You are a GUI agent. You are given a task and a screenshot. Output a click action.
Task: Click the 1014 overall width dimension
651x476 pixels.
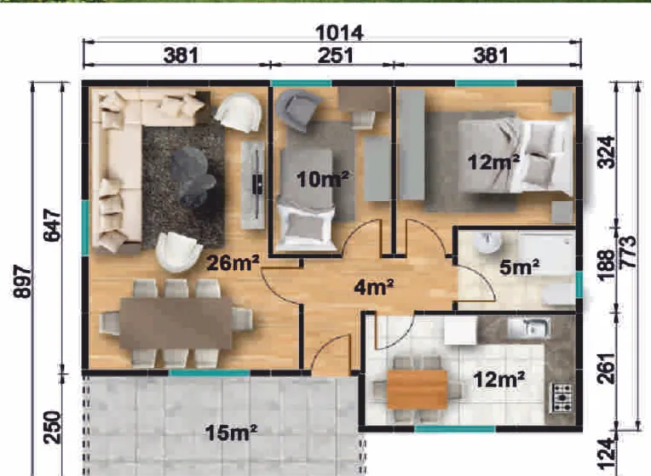(x=339, y=33)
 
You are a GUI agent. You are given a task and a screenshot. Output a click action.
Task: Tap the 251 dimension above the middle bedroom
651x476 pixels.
(x=336, y=55)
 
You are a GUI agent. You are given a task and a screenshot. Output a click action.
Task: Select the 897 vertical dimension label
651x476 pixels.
(x=22, y=281)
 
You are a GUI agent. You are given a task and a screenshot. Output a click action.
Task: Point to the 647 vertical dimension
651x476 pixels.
(x=52, y=226)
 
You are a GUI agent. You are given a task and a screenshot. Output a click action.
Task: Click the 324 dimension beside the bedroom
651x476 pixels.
(x=606, y=152)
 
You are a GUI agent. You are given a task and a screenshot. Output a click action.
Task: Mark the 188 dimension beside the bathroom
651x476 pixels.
(x=607, y=265)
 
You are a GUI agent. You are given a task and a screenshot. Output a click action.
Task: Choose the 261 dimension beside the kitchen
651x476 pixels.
(x=607, y=368)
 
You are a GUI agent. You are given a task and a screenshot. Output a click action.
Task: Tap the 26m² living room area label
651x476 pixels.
(x=233, y=262)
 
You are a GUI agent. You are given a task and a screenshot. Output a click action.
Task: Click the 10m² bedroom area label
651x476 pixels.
(x=323, y=179)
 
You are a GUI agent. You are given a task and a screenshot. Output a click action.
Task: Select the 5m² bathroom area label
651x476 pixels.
(x=520, y=267)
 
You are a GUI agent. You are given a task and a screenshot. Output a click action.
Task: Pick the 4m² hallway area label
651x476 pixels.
(x=374, y=287)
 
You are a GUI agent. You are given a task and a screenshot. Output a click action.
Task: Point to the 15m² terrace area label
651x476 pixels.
(x=231, y=433)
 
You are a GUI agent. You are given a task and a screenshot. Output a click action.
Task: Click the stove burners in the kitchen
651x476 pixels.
(x=562, y=397)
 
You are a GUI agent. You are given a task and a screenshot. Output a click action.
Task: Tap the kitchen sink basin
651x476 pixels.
(x=529, y=328)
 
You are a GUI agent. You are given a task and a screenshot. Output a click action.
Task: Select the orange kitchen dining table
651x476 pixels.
(x=418, y=390)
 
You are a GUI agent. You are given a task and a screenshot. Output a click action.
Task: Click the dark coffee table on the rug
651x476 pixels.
(x=193, y=177)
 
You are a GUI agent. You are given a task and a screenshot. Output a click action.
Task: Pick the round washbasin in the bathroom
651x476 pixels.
(x=487, y=243)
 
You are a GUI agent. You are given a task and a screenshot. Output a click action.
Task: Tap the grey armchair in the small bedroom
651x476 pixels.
(x=297, y=110)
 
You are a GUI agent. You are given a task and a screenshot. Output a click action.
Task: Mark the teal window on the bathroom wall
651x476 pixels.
(x=579, y=284)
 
